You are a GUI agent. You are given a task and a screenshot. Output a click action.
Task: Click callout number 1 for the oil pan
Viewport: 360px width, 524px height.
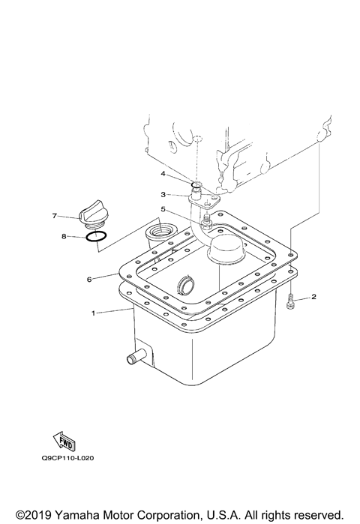93,312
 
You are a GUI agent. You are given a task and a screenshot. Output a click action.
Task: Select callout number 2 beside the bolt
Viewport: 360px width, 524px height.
313,297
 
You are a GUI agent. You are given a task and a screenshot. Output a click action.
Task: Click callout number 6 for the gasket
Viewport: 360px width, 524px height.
89,280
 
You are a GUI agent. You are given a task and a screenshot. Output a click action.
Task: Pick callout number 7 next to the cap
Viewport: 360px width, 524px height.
55,216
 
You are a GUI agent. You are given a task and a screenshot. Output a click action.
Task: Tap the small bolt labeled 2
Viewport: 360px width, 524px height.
291,303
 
